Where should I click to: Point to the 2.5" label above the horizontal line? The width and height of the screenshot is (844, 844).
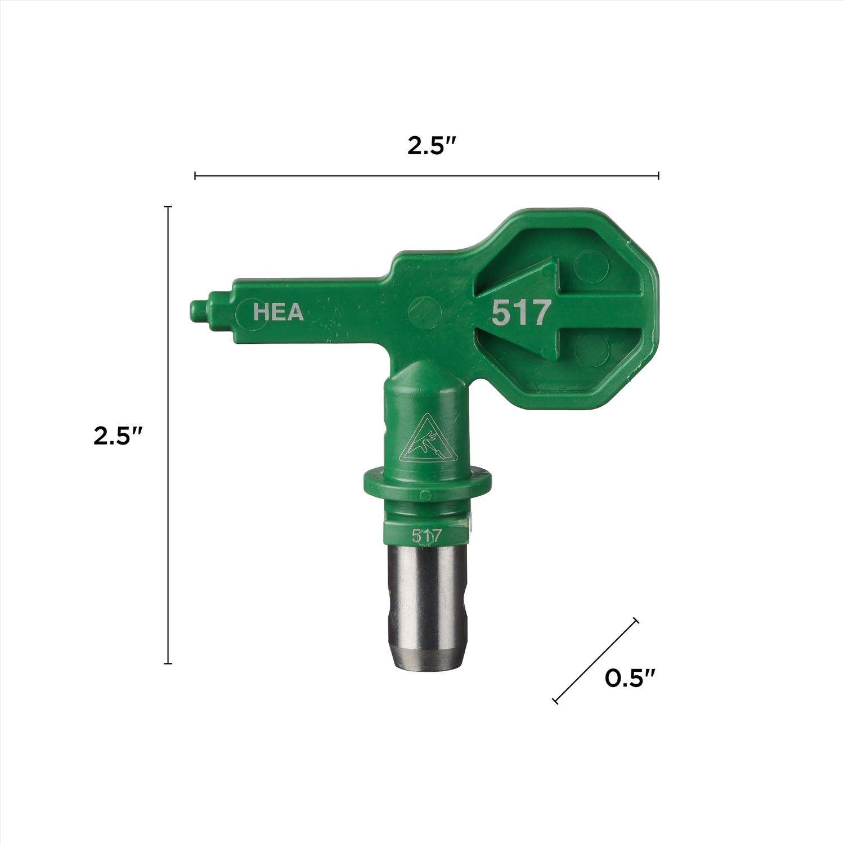[x=431, y=146]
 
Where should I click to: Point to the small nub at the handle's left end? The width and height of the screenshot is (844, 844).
[x=199, y=311]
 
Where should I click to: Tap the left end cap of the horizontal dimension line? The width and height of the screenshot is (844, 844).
[x=195, y=176]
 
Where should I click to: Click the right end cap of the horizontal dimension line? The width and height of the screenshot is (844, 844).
[x=658, y=176]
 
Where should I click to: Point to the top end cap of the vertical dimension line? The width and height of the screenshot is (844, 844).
[x=167, y=207]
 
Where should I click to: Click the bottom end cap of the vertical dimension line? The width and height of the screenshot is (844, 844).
[x=167, y=664]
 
